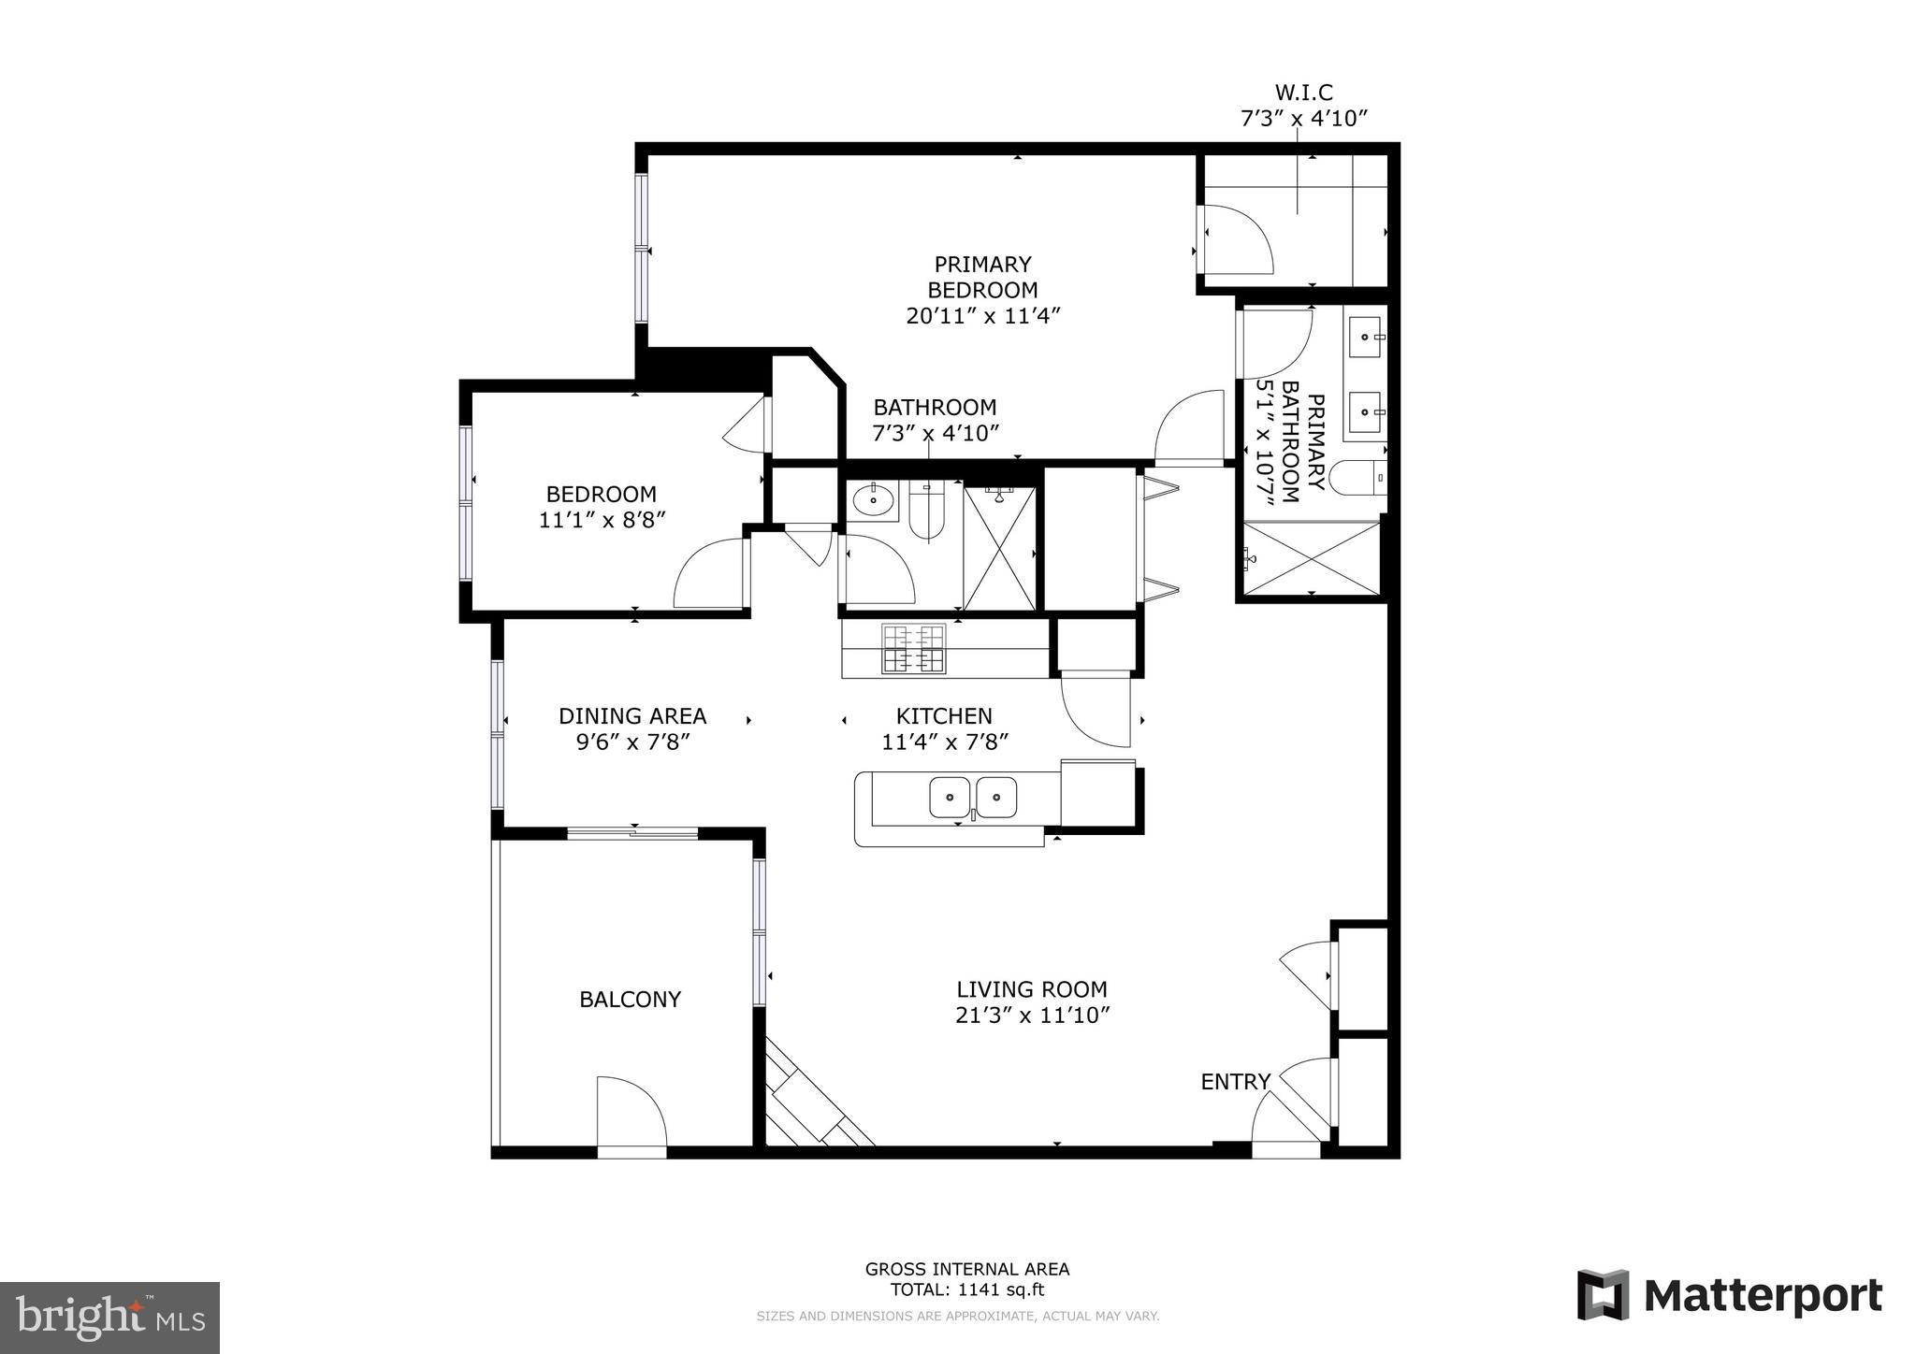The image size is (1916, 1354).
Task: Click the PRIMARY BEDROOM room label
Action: pos(982,277)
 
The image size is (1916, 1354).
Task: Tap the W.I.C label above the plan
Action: pos(1303,93)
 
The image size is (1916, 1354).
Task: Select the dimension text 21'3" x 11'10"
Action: pos(1032,1015)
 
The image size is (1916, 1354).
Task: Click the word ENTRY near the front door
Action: pos(1235,1082)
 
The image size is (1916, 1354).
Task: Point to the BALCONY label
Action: pos(630,1000)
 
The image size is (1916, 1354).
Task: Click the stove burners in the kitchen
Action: pos(912,649)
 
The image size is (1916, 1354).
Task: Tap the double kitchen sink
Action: pos(973,798)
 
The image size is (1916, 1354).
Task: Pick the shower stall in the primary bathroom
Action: pos(1312,558)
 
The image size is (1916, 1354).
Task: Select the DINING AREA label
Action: pos(632,716)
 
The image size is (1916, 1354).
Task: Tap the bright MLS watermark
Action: pos(109,1318)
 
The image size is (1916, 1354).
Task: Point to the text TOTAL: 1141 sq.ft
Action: pos(966,1290)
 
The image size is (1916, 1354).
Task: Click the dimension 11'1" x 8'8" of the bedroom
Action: pos(602,520)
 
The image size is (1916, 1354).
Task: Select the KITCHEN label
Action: pos(944,716)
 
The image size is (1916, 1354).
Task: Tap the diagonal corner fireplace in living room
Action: pos(814,1099)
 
